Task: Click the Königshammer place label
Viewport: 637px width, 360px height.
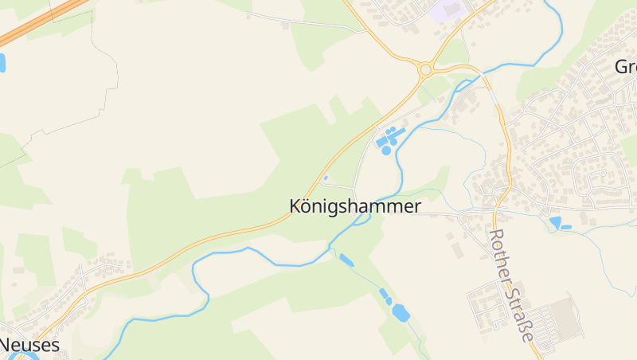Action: click(354, 206)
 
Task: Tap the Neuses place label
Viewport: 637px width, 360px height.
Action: click(29, 345)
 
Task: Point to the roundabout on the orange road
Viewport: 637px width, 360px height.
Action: click(425, 69)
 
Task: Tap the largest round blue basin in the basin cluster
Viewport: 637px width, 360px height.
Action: click(386, 150)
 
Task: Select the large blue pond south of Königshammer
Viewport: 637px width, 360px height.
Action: click(401, 313)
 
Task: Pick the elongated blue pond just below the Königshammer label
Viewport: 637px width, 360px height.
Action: click(346, 259)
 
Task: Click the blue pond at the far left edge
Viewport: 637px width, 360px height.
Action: click(2, 63)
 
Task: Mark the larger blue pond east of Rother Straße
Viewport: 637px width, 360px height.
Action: click(555, 222)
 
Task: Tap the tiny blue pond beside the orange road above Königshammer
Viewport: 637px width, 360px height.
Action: click(325, 178)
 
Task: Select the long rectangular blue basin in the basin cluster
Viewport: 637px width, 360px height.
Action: click(378, 140)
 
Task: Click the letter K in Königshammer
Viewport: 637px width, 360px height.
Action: click(295, 206)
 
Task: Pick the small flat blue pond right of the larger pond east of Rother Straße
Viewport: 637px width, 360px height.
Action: click(566, 227)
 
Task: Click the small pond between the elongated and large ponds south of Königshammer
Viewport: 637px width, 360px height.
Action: click(385, 294)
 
